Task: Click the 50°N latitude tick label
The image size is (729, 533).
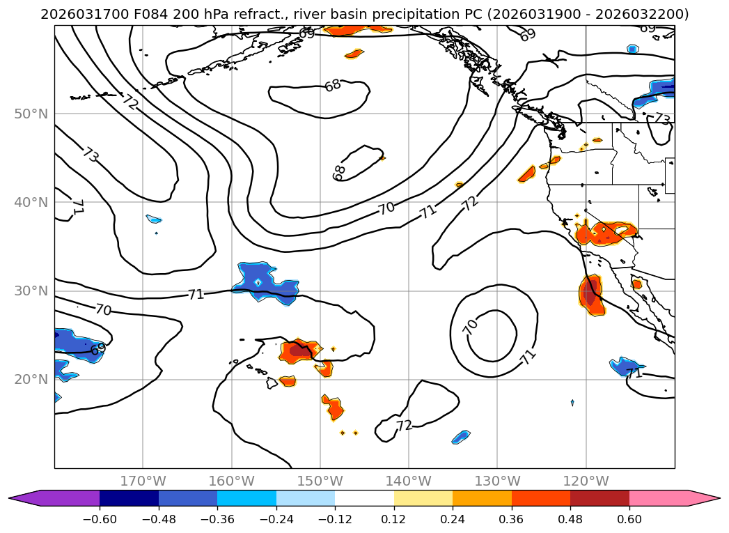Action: click(x=31, y=114)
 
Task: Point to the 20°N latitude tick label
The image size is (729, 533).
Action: click(x=31, y=380)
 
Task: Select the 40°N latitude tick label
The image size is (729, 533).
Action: click(x=31, y=203)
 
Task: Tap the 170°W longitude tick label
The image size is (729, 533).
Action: click(x=143, y=481)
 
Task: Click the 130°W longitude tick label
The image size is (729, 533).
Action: click(x=497, y=481)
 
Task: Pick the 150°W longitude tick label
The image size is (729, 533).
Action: click(x=320, y=481)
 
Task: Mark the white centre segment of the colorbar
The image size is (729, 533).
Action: click(x=364, y=498)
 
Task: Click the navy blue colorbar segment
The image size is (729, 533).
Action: click(x=129, y=498)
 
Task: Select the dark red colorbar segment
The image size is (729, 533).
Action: click(x=599, y=498)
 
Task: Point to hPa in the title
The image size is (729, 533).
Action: click(x=219, y=15)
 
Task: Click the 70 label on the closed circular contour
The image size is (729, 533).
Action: click(x=471, y=327)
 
